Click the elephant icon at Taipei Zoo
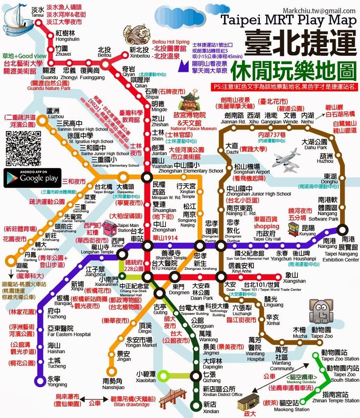click(x=321, y=311)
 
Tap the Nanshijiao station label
click(x=116, y=384)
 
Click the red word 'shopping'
click(x=267, y=226)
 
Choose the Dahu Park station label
click(x=315, y=144)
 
